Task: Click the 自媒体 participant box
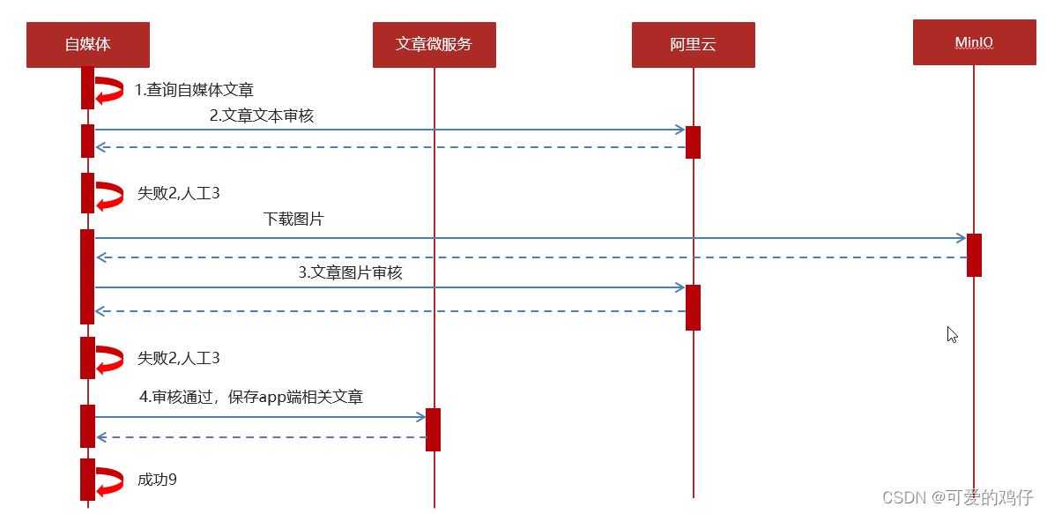pos(88,45)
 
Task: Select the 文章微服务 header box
pos(434,45)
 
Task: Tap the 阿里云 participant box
pos(693,45)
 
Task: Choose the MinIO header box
pos(974,42)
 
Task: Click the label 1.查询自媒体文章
pos(194,90)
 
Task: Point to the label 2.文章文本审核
pos(262,115)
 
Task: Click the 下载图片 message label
pos(293,220)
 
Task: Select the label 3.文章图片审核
pos(350,273)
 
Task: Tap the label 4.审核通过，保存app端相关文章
pos(251,398)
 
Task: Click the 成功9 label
pos(157,480)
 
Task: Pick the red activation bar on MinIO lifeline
pos(974,255)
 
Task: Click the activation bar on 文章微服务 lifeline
pos(433,429)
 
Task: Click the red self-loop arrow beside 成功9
pos(109,480)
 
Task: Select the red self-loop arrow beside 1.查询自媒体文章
pos(109,90)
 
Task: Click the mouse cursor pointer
pos(952,334)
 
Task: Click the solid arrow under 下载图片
pos(529,238)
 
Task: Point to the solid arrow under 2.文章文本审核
pos(388,130)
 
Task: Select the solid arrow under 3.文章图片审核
pos(388,287)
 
